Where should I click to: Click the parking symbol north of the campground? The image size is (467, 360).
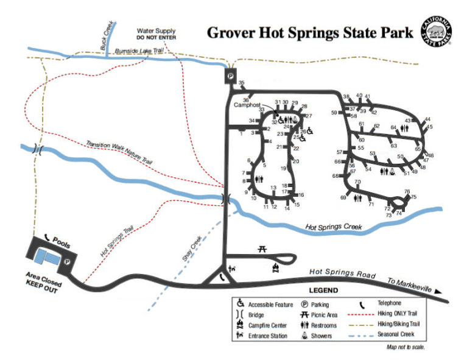tap(231, 75)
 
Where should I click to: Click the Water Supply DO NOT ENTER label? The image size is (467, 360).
tap(156, 34)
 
